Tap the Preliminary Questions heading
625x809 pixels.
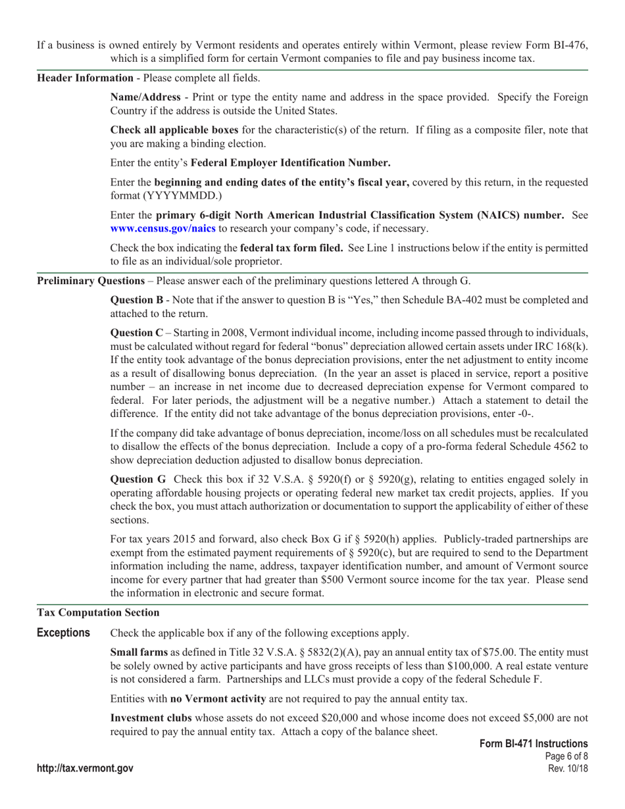tap(90, 281)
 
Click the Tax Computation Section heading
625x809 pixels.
tap(98, 612)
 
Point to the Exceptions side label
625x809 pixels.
tap(63, 633)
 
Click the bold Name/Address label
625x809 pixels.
tap(145, 97)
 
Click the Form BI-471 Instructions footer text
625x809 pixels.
tap(534, 743)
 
